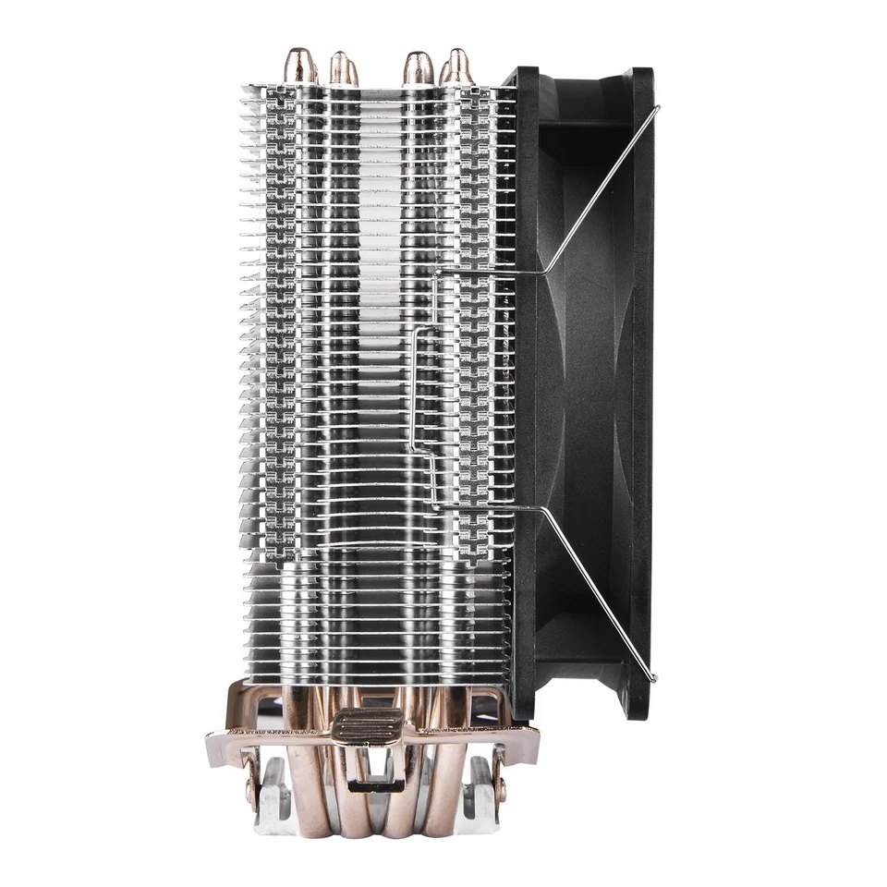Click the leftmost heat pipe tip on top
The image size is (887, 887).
coord(298,67)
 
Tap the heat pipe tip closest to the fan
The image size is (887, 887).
coord(456,65)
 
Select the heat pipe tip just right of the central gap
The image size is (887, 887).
coord(417,67)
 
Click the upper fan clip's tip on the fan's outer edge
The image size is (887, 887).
coord(656,108)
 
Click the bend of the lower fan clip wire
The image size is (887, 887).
coord(545,509)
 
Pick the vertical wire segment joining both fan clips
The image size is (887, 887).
coord(411,388)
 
